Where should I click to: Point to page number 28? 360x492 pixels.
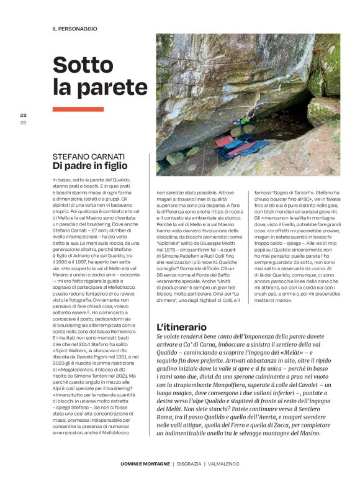click(24, 115)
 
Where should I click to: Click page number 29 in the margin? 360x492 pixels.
click(24, 121)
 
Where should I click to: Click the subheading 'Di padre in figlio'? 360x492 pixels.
click(89, 166)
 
